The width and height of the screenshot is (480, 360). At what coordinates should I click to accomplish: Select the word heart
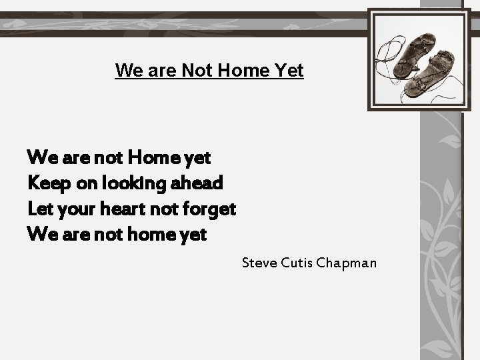pos(123,209)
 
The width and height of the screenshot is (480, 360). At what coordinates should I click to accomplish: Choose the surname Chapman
pos(347,263)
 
